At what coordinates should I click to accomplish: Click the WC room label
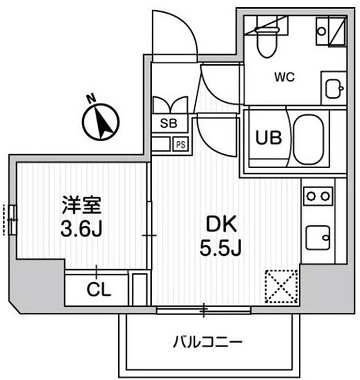[x=284, y=77]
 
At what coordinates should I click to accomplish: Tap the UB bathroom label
[x=269, y=138]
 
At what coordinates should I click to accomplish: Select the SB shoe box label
[x=169, y=123]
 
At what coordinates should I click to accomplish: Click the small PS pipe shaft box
[x=181, y=144]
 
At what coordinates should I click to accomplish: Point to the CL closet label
[x=99, y=289]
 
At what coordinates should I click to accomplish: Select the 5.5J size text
[x=220, y=248]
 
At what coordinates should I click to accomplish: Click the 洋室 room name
[x=81, y=205]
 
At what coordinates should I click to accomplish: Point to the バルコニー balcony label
[x=208, y=342]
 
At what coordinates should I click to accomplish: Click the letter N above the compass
[x=91, y=99]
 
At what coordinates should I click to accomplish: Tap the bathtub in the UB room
[x=309, y=140]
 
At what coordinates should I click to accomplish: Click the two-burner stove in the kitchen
[x=318, y=196]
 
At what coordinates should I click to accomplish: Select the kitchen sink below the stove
[x=318, y=238]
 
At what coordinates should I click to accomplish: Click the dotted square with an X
[x=281, y=286]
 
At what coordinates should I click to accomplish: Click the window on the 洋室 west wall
[x=13, y=220]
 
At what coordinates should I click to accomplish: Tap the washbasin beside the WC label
[x=334, y=88]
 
